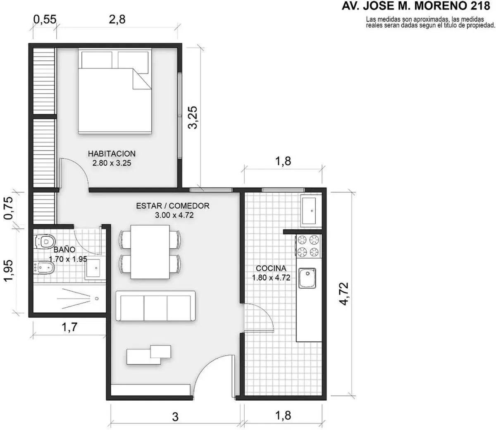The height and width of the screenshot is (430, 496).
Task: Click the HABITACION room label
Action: tap(112, 154)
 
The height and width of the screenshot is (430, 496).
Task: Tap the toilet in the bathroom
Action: tap(45, 241)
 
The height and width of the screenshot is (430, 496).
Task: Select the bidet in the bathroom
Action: tap(45, 268)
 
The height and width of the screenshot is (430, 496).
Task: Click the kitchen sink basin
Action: tap(307, 278)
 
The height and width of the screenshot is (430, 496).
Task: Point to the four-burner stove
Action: tap(308, 246)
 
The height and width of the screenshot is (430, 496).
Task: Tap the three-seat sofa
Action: tap(155, 306)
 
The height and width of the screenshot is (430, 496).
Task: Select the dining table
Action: tap(150, 252)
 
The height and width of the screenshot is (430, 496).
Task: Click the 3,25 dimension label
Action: tap(193, 117)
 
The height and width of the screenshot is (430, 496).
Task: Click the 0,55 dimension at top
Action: tap(45, 19)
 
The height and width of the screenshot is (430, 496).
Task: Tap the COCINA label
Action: tap(271, 268)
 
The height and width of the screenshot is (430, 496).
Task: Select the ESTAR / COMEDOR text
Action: tap(173, 206)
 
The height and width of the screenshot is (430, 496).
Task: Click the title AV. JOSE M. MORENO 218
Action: tap(416, 6)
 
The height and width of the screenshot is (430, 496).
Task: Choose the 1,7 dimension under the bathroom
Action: tap(69, 328)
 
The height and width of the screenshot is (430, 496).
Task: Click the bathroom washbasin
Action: tap(93, 268)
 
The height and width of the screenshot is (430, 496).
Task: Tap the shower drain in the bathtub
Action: tap(97, 299)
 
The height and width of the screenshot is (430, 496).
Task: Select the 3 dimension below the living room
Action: tap(175, 417)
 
